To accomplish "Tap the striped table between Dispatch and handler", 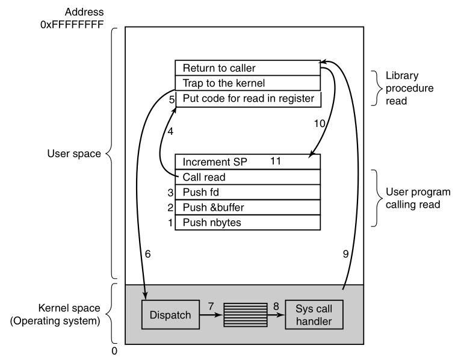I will pyautogui.click(x=247, y=314).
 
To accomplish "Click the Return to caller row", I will pyautogui.click(x=247, y=67).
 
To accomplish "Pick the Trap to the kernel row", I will pyautogui.click(x=247, y=83).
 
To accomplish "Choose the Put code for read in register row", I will pyautogui.click(x=247, y=98).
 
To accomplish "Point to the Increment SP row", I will pyautogui.click(x=247, y=162).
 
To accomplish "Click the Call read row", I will pyautogui.click(x=247, y=177).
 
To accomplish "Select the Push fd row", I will pyautogui.click(x=247, y=192).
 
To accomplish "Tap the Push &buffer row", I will pyautogui.click(x=247, y=207).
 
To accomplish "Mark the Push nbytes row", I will pyautogui.click(x=247, y=222).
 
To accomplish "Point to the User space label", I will pyautogui.click(x=73, y=154).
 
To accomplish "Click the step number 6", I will pyautogui.click(x=148, y=255).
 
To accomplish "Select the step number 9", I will pyautogui.click(x=345, y=255).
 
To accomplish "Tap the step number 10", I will pyautogui.click(x=319, y=123).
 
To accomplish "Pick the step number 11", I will pyautogui.click(x=277, y=161).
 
